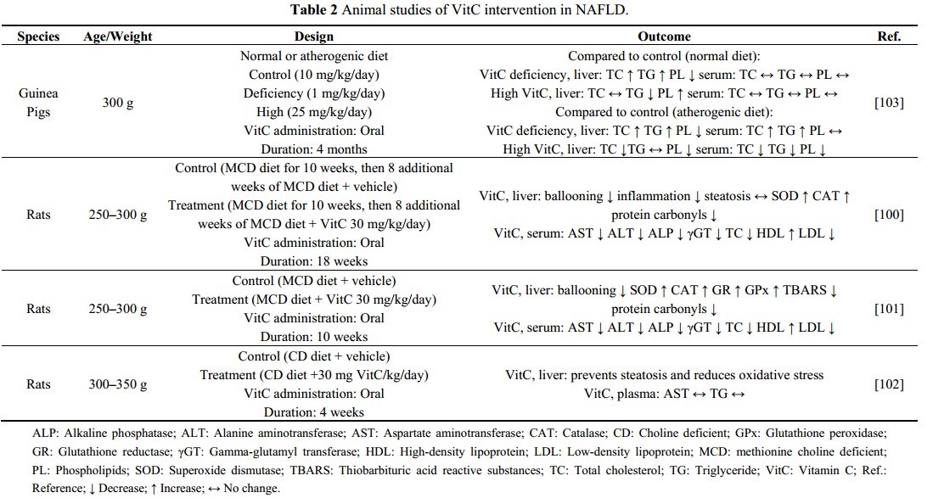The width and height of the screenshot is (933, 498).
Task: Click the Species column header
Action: pyautogui.click(x=39, y=37)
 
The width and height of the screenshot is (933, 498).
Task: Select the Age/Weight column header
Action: pyautogui.click(x=118, y=37)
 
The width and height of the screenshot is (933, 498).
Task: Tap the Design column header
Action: pyautogui.click(x=313, y=37)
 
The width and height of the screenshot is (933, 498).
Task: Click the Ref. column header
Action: pyautogui.click(x=888, y=37)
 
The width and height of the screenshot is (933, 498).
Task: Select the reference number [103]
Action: pyautogui.click(x=888, y=103)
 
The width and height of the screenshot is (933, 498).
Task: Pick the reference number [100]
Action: pyautogui.click(x=888, y=215)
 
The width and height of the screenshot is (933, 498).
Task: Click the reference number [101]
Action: pyautogui.click(x=888, y=309)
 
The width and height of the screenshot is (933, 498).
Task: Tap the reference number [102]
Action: pyautogui.click(x=888, y=384)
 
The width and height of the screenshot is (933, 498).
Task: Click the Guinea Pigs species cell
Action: pyautogui.click(x=39, y=103)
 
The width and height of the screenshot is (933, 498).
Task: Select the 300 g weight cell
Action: pyautogui.click(x=118, y=103)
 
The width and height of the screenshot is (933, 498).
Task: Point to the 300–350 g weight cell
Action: pyautogui.click(x=118, y=384)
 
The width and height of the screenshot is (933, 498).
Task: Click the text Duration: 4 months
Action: pyautogui.click(x=313, y=149)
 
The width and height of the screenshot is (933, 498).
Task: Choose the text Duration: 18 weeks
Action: pyautogui.click(x=313, y=261)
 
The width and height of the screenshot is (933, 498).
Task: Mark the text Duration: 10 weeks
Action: pyautogui.click(x=313, y=337)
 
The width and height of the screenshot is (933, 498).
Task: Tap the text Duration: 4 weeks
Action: pyautogui.click(x=313, y=412)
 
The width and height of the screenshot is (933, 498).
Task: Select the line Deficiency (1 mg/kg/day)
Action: pyautogui.click(x=313, y=93)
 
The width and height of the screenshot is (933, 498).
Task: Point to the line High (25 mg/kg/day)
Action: pyautogui.click(x=313, y=112)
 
